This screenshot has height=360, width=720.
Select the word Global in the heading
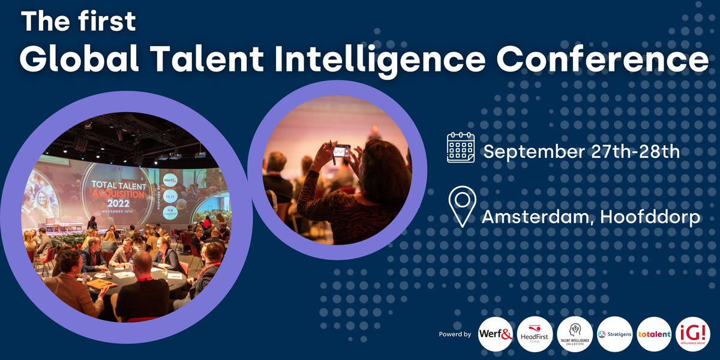point(73,59)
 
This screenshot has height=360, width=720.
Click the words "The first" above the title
point(79,22)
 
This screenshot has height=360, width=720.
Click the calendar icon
point(461,148)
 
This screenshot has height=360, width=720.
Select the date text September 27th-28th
point(581,151)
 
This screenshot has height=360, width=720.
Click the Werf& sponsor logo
point(495,334)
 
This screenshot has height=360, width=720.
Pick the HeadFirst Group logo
point(535,334)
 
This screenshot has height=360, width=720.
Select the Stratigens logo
point(614,334)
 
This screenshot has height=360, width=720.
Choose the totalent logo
point(654,334)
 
